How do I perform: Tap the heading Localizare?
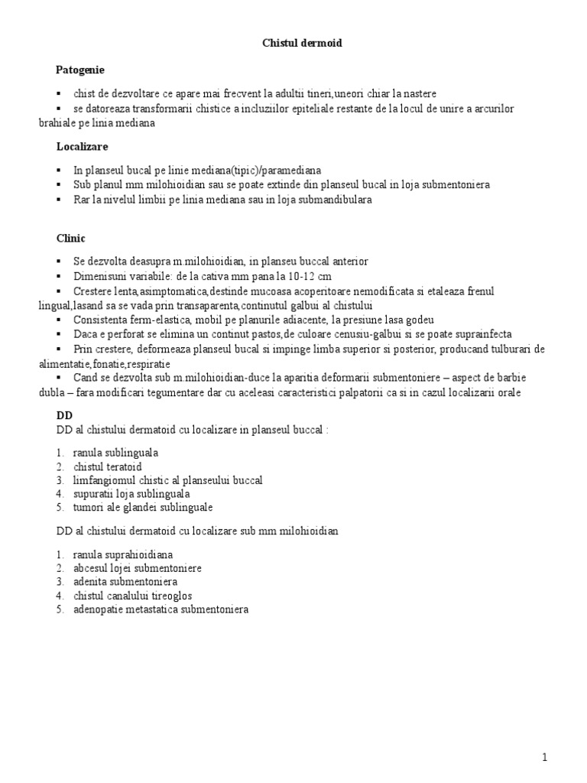(x=82, y=145)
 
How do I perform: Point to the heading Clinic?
(x=71, y=238)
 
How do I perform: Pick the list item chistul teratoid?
(x=108, y=466)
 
